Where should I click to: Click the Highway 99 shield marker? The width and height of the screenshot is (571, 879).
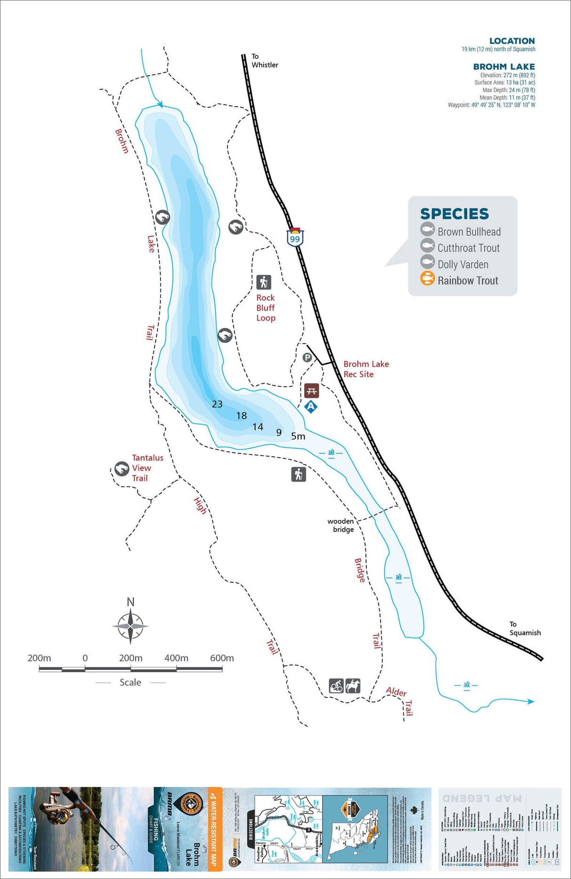coord(295,237)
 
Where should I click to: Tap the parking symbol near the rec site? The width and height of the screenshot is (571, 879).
coord(307,358)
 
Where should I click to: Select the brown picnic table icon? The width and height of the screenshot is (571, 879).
coord(311,390)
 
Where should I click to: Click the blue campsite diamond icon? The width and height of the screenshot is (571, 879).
coord(310,406)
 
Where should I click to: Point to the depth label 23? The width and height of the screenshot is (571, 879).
coord(217,404)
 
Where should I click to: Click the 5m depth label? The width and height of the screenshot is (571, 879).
coord(298,436)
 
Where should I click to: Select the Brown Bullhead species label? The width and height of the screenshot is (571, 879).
coord(469,232)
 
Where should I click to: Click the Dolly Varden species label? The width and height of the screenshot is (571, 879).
coord(463,264)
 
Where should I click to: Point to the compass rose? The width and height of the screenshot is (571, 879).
coord(130,626)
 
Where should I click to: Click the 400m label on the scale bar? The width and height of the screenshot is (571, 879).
coord(176,658)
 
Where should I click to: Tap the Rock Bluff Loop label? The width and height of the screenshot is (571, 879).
coord(266,308)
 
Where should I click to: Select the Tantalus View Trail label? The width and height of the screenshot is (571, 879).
coord(147,468)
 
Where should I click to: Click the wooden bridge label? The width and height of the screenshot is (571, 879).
coord(341,525)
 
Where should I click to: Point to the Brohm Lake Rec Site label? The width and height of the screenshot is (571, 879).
coord(366,369)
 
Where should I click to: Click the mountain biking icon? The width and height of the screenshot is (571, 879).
coord(336,686)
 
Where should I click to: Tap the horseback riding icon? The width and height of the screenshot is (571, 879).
coord(353,686)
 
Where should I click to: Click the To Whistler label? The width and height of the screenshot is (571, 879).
coord(264,61)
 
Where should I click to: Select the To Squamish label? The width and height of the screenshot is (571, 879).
coord(525,629)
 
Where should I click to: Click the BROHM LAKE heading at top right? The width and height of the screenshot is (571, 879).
coord(504,67)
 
